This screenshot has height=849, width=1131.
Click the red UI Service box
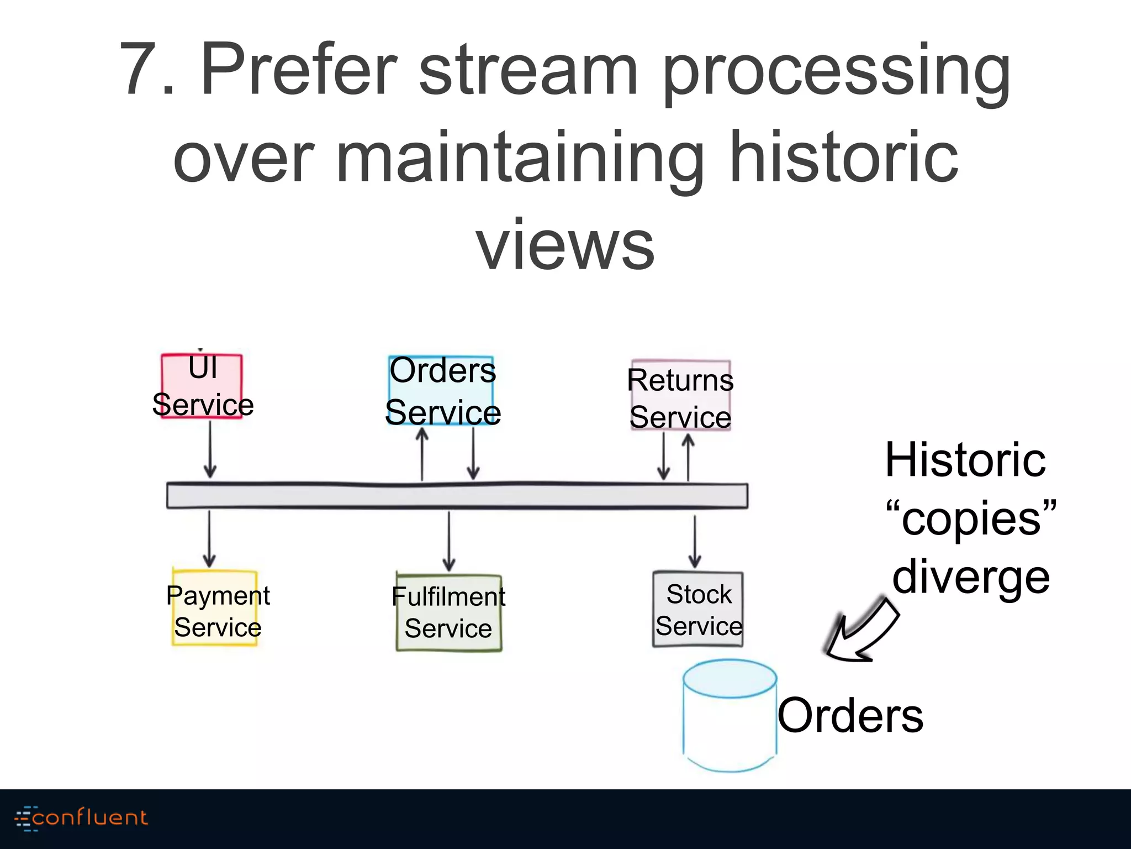[x=202, y=386]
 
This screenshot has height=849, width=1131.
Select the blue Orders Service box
[x=441, y=390]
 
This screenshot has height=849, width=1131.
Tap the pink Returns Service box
[x=681, y=396]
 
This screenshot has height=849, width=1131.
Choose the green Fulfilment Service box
[x=449, y=612]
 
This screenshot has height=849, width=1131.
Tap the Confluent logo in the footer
[x=81, y=817]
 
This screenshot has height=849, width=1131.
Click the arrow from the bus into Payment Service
[x=209, y=539]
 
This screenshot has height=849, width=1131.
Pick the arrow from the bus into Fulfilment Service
[x=449, y=541]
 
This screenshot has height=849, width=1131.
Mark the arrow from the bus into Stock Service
[x=695, y=542]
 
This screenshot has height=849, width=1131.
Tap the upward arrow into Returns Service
[x=688, y=457]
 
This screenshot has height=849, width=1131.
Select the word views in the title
[x=565, y=244]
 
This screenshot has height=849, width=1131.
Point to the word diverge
[x=971, y=577]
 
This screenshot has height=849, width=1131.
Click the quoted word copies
[x=971, y=518]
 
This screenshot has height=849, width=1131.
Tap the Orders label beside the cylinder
[x=850, y=715]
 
